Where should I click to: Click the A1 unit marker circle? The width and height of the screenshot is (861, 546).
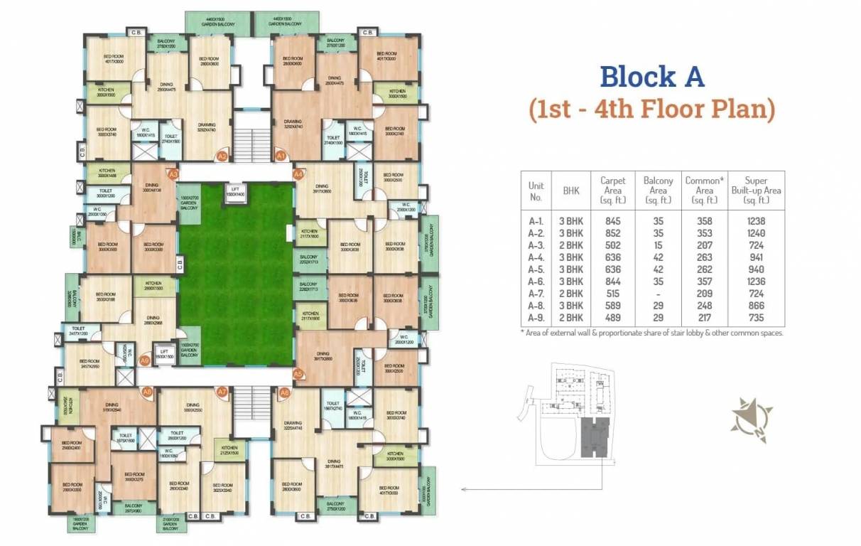pos(280,156)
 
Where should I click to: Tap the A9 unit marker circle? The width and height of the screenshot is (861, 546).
pos(145,360)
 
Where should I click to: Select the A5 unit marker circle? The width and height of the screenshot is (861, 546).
pos(298,373)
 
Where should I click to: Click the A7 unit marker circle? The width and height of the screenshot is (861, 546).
pos(222,392)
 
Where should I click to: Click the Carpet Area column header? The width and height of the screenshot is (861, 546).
pos(612,190)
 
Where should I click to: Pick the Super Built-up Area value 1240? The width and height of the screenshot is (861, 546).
pos(757,233)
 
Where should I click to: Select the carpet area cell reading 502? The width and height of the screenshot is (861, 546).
pos(612,245)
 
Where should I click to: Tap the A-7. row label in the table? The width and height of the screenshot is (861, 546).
pos(536,294)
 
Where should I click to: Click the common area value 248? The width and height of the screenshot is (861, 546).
pos(703,306)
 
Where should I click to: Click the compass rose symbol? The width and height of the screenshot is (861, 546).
pos(751,419)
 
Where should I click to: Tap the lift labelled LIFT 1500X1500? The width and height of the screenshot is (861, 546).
pos(164,355)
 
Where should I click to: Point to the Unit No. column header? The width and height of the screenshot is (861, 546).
pos(536,190)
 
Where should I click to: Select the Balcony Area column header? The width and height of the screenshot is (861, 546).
pos(658,190)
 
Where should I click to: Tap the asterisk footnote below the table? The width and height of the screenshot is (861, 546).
pos(652,333)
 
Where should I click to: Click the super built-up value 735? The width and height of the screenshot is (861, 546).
pos(757,318)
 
